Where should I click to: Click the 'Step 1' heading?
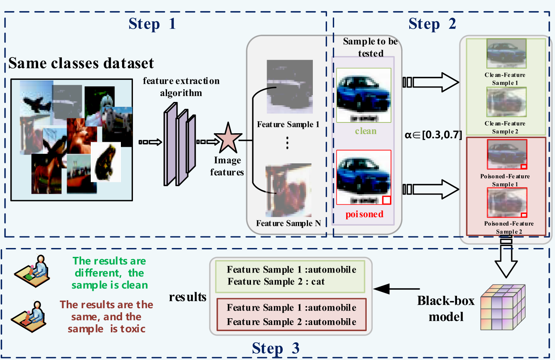pyautogui.click(x=152, y=24)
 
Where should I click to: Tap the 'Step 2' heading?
pyautogui.click(x=433, y=24)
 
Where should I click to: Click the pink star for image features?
pyautogui.click(x=228, y=138)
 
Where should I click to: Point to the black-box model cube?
pyautogui.click(x=503, y=307)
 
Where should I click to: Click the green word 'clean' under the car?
pyautogui.click(x=366, y=131)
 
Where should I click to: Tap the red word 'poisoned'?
pyautogui.click(x=365, y=214)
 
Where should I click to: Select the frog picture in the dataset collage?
pyautogui.click(x=106, y=162)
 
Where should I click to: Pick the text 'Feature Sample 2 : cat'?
pyautogui.click(x=276, y=281)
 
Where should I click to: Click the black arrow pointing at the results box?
pyautogui.click(x=396, y=289)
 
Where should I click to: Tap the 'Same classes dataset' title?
pyautogui.click(x=81, y=63)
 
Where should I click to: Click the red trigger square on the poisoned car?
pyautogui.click(x=387, y=200)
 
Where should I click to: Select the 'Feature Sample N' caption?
pyautogui.click(x=288, y=223)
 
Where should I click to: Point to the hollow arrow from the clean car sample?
pyautogui.click(x=431, y=82)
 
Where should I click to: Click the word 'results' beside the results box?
pyautogui.click(x=188, y=297)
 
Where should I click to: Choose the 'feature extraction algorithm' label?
pyautogui.click(x=181, y=87)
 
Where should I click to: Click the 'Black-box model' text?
pyautogui.click(x=446, y=309)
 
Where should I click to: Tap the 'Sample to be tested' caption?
pyautogui.click(x=370, y=47)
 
